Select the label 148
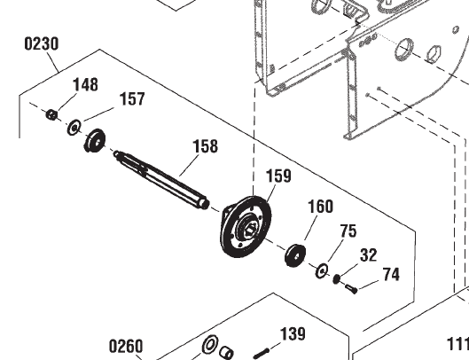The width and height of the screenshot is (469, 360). click(85, 85)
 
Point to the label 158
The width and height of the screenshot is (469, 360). click(205, 146)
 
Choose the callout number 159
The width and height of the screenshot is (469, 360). click(278, 176)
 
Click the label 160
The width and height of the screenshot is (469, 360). click(320, 207)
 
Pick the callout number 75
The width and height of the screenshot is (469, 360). click(348, 231)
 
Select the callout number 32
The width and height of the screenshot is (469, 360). click(369, 255)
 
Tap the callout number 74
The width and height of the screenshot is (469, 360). click(391, 275)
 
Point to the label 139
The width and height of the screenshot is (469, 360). click(293, 333)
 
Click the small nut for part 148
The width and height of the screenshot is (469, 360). click(52, 113)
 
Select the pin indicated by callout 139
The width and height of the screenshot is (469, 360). click(265, 348)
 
